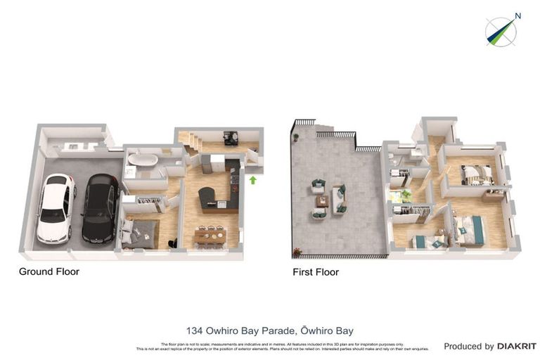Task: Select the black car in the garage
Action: (99, 208)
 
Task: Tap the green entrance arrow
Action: (252, 180)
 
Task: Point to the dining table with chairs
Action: (209, 236)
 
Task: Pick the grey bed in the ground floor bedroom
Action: (141, 233)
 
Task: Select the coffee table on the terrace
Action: (322, 201)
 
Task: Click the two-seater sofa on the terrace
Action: (340, 198)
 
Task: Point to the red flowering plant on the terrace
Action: (296, 251)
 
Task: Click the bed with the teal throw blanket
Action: (469, 230)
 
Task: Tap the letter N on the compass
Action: (517, 16)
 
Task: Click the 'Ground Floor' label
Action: (49, 271)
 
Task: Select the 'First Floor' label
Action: (316, 271)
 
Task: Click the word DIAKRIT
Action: (517, 346)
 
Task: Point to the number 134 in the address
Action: (194, 330)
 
